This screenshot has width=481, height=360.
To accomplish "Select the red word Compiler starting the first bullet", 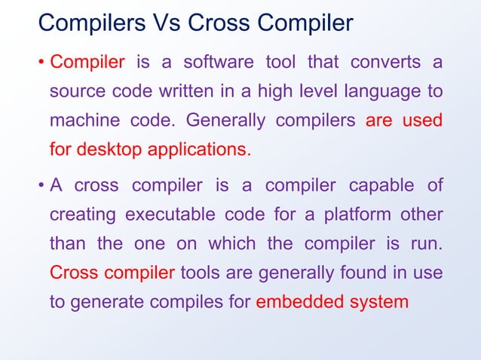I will tap(87, 62).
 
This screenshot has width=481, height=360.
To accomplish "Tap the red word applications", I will tap(200, 149).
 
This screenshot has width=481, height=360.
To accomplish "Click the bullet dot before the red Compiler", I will tap(41, 62).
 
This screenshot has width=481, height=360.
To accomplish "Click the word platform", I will tap(358, 215).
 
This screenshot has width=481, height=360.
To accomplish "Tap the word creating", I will tap(82, 215).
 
